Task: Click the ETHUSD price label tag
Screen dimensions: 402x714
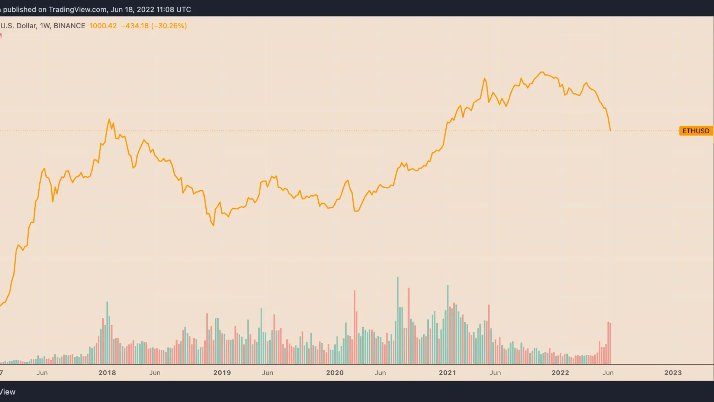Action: [696, 131]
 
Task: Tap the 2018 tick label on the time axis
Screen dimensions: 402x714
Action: [107, 373]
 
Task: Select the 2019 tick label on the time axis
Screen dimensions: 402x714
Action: [222, 373]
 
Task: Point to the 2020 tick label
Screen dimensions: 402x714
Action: [335, 373]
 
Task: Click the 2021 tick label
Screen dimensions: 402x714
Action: [447, 373]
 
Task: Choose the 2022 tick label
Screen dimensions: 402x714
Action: [560, 373]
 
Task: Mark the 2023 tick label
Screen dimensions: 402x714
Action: [673, 373]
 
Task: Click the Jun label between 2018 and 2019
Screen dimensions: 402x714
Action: [155, 373]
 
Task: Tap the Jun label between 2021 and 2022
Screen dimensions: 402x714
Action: [495, 373]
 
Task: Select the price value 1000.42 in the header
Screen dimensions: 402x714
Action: [103, 26]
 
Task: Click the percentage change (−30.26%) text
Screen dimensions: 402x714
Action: [169, 26]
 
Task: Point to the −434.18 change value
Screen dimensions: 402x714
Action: [135, 26]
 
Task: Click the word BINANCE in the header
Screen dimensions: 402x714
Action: [70, 26]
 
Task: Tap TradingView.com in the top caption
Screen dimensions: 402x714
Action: [78, 9]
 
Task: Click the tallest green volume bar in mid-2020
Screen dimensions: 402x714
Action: [398, 320]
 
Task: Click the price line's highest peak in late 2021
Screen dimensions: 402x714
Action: [542, 72]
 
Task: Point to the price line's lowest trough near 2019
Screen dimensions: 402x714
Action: [213, 226]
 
